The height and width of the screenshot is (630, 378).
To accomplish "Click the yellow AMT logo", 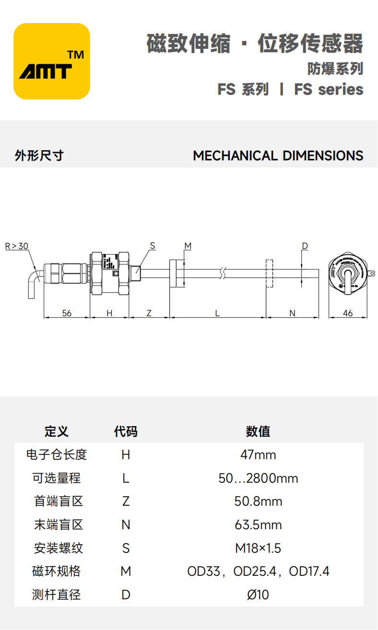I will (52, 61).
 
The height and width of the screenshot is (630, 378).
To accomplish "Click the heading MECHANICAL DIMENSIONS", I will (278, 156).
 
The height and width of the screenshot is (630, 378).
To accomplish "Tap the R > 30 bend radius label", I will (17, 246).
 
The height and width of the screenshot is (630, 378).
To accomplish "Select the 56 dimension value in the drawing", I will (67, 313).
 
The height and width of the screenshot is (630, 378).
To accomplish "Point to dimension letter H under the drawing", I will (109, 313).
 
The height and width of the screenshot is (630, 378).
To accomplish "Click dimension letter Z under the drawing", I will (149, 313).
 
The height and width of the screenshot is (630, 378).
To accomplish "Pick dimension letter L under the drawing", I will (217, 313).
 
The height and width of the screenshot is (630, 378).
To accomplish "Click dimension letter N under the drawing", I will (292, 313).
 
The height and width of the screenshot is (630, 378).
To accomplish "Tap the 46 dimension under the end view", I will (348, 313).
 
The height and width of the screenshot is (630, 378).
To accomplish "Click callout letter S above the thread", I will (153, 246).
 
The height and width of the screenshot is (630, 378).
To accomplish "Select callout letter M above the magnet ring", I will (188, 246).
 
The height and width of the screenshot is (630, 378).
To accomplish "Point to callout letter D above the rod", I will (305, 246).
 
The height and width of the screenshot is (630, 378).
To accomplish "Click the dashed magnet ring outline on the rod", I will (269, 273).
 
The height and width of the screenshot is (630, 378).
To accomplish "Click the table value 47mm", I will (258, 454).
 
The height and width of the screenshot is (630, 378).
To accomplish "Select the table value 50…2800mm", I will (258, 478).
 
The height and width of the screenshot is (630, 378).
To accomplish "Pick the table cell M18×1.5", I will (258, 548).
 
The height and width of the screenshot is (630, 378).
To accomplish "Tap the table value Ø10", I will (258, 595).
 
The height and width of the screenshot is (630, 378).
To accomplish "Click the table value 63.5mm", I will (258, 524).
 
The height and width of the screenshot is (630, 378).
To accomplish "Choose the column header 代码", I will (126, 431).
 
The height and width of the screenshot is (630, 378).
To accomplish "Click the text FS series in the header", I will (329, 89).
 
